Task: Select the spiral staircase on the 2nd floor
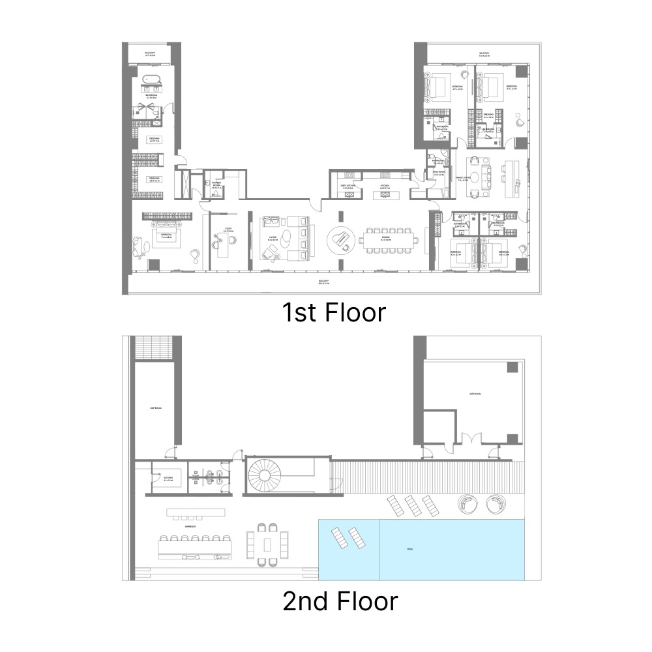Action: [263, 477]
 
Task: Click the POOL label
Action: [410, 549]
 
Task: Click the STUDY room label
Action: [228, 230]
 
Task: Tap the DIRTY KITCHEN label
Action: [347, 186]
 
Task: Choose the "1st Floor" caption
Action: [334, 312]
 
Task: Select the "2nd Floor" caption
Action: [340, 600]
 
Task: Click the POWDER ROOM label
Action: [216, 185]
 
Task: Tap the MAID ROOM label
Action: [439, 173]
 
